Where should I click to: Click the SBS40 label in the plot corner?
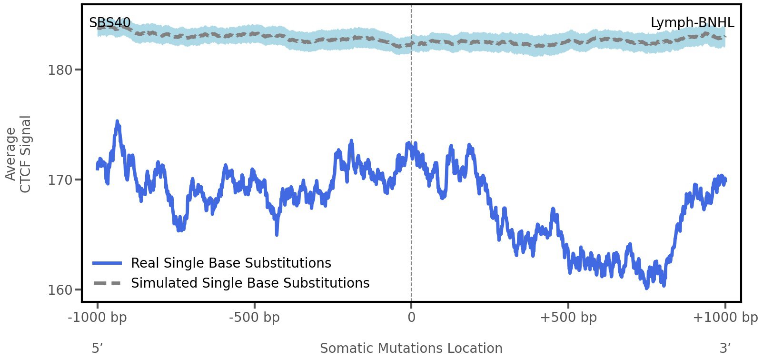(x=109, y=23)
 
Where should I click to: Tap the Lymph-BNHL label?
(x=692, y=23)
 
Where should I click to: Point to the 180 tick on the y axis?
(x=60, y=70)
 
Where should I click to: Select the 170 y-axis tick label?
(x=60, y=180)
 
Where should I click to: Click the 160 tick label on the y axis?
(x=60, y=290)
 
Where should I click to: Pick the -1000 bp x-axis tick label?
(x=98, y=318)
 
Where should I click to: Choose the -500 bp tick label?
(x=254, y=318)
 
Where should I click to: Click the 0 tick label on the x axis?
(x=411, y=318)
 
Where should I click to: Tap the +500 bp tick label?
(x=568, y=318)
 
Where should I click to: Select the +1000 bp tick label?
(x=725, y=318)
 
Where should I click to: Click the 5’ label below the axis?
(x=98, y=348)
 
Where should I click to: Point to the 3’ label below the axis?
(x=725, y=348)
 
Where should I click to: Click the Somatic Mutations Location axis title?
(x=411, y=348)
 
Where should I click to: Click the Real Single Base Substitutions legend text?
(x=231, y=263)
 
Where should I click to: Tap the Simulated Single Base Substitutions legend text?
(x=250, y=283)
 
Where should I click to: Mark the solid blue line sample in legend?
(x=107, y=263)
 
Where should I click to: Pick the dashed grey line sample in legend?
(x=107, y=283)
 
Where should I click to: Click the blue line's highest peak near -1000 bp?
(x=117, y=122)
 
